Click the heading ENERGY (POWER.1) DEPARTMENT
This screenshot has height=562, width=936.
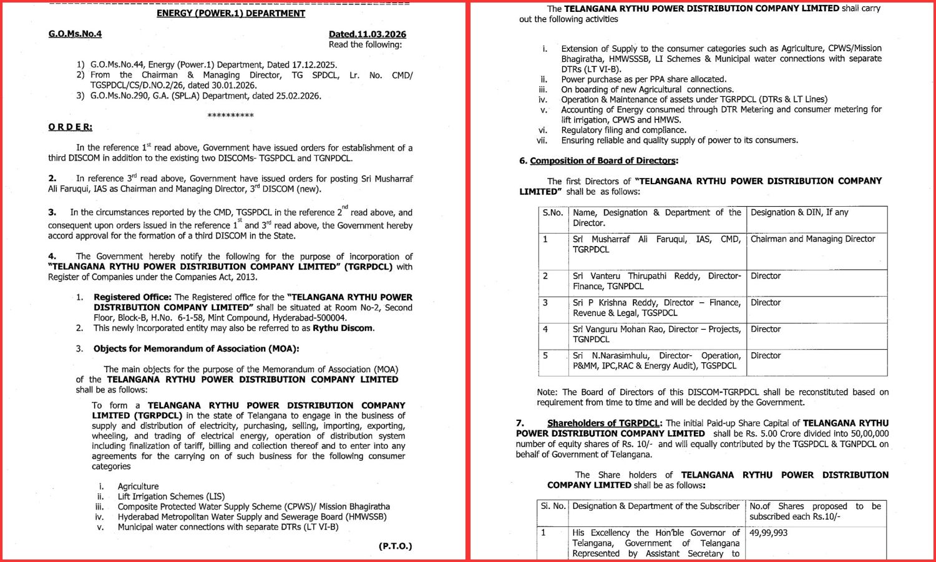[231, 13]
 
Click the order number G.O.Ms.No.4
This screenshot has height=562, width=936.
[75, 34]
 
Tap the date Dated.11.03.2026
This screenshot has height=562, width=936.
[368, 34]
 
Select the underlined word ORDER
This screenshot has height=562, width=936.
[70, 127]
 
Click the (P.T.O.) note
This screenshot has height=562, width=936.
[395, 546]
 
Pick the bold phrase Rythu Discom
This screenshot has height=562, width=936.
[343, 328]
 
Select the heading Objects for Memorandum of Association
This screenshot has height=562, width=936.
[196, 348]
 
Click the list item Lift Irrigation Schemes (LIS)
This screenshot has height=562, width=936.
[171, 496]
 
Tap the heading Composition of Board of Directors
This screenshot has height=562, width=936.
[603, 160]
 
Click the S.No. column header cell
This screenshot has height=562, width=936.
[553, 213]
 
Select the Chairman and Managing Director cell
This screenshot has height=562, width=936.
[812, 239]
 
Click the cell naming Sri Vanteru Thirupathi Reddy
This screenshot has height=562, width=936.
[656, 281]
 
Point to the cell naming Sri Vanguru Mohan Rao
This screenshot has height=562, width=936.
[656, 334]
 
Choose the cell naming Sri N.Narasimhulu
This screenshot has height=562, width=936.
[656, 360]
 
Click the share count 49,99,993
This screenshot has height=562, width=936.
[769, 533]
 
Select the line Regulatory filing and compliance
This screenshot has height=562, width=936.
[623, 130]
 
